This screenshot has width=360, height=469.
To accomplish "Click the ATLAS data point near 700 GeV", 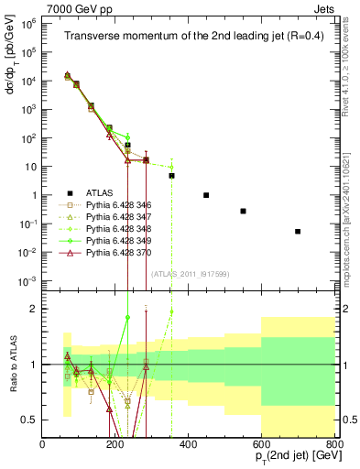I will [298, 232].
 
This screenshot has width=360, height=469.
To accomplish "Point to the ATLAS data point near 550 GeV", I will [243, 211].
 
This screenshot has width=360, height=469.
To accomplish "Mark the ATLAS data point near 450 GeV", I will [206, 195].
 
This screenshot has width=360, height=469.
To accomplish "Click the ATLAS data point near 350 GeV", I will [171, 175].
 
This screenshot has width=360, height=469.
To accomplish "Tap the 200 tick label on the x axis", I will [115, 445].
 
